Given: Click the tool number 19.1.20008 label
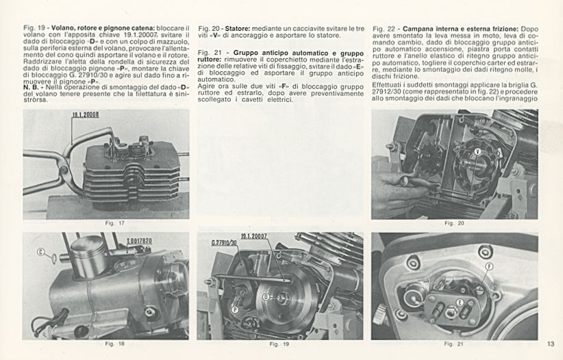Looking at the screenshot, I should (x=86, y=116).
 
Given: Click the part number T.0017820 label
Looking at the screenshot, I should (x=139, y=242).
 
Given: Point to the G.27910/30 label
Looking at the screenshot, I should (x=224, y=242).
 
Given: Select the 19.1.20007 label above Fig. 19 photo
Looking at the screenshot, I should (x=253, y=235).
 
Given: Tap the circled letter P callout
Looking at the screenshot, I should (x=235, y=309).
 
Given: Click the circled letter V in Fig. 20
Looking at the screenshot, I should (x=477, y=150).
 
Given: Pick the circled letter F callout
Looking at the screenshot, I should (x=489, y=266).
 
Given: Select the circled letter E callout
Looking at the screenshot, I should (x=460, y=301).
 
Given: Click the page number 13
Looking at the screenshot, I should (x=551, y=344).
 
